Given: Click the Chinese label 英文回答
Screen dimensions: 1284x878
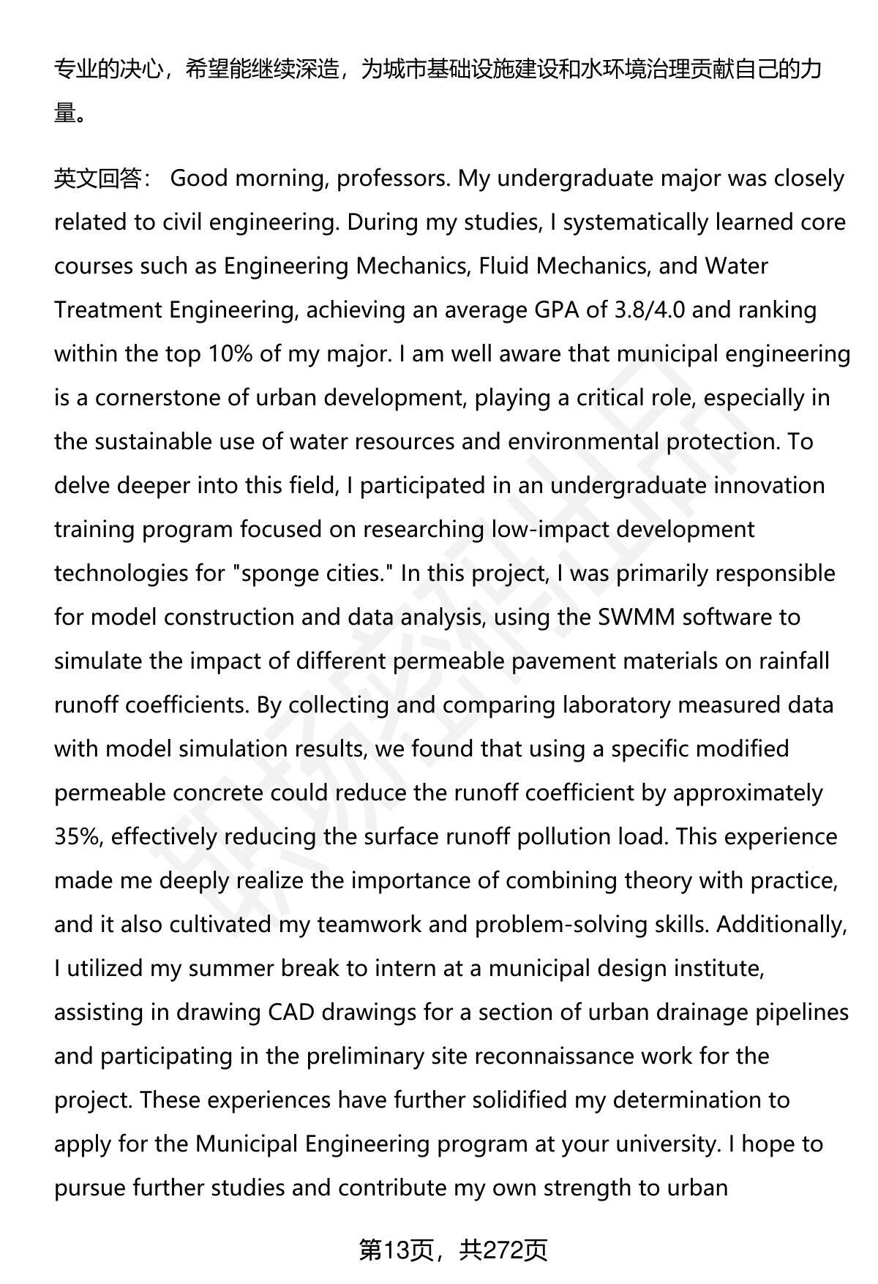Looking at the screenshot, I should [97, 179].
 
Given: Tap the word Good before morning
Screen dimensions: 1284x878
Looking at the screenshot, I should [200, 179].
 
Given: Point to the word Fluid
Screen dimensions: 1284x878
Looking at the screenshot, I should [504, 266].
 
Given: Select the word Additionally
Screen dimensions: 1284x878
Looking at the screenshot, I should [781, 925].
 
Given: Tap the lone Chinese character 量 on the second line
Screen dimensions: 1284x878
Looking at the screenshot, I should [65, 113].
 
